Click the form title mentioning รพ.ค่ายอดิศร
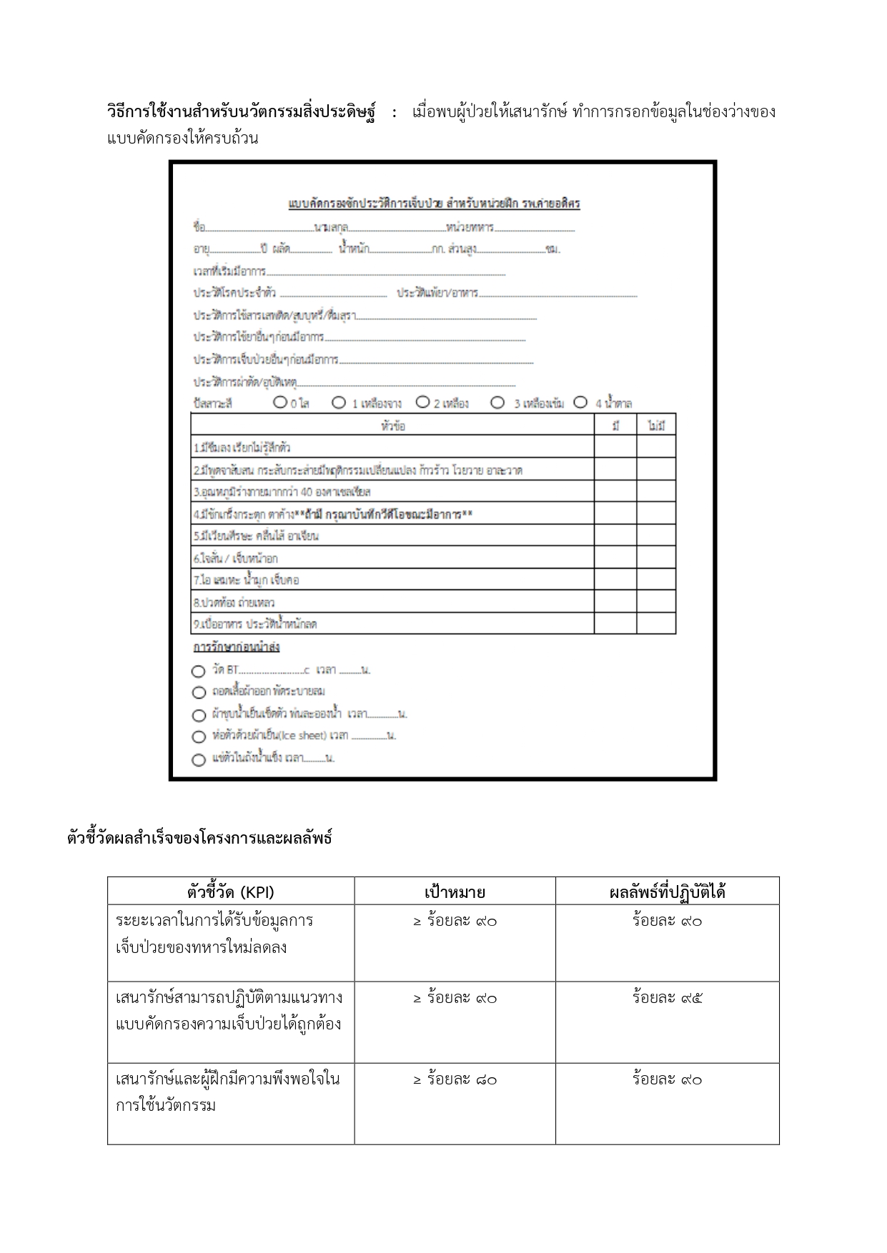[x=434, y=204]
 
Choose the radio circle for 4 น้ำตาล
[x=580, y=403]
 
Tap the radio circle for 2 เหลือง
[x=422, y=403]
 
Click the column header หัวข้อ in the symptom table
[x=393, y=426]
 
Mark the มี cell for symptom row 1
[x=615, y=447]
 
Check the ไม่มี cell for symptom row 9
[x=656, y=624]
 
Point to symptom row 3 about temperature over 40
[x=282, y=491]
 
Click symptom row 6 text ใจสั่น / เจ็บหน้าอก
[x=236, y=558]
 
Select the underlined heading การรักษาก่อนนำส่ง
[x=237, y=647]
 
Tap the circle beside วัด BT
[x=199, y=672]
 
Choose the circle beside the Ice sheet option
[x=199, y=737]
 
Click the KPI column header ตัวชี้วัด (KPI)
[x=231, y=892]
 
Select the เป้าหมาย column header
[x=455, y=892]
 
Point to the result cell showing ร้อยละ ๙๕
[x=667, y=998]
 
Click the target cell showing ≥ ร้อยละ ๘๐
[x=455, y=1079]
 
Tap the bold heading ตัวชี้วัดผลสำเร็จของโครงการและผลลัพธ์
[x=199, y=838]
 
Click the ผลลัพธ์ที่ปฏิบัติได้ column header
[x=667, y=892]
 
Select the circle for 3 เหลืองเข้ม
[x=497, y=403]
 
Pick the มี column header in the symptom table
[x=615, y=426]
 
